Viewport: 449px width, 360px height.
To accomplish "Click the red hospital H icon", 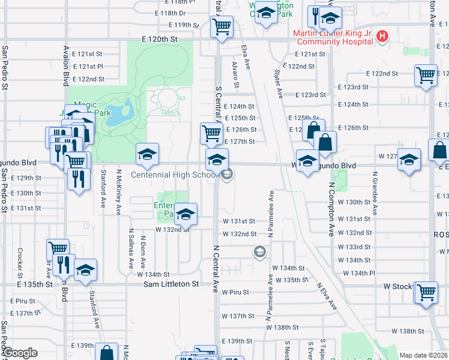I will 382,37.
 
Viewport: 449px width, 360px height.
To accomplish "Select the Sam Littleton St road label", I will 170,283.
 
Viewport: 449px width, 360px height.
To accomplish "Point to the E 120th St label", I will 160,38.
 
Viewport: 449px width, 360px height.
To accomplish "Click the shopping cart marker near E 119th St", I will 221,27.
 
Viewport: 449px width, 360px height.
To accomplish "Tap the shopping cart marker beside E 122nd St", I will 426,76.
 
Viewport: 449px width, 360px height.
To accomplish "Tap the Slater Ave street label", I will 279,83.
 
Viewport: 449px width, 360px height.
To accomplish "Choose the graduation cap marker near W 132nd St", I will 186,214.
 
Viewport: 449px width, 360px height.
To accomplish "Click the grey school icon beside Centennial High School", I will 227,175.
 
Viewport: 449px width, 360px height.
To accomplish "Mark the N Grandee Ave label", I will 375,192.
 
